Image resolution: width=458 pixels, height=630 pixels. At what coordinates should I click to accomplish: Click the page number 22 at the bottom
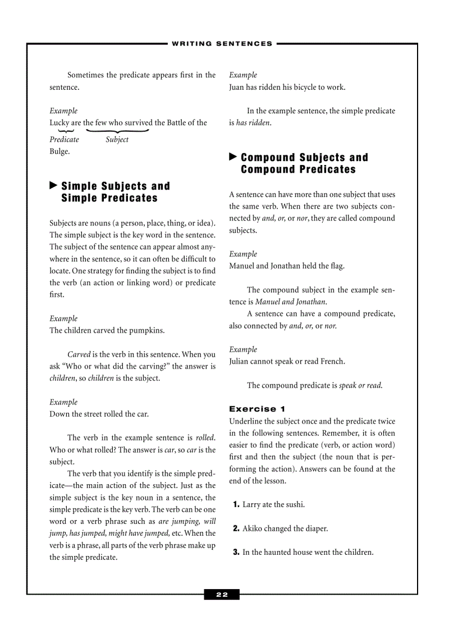click(x=222, y=595)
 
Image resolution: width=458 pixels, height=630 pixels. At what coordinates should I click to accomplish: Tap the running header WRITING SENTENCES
click(x=222, y=43)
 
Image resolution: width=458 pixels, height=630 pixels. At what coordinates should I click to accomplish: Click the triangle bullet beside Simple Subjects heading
click(x=53, y=185)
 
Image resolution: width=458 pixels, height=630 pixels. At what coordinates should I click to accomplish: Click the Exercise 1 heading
click(x=253, y=409)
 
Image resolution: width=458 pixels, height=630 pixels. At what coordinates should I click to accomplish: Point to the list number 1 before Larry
click(x=236, y=504)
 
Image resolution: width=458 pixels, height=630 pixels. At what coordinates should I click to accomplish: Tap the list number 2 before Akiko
click(x=236, y=528)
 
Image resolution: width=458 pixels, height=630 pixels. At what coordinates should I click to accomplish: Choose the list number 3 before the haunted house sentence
click(x=236, y=553)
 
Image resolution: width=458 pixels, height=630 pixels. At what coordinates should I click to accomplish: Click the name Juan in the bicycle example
click(x=236, y=87)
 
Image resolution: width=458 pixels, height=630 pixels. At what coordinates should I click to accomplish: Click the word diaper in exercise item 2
click(x=317, y=528)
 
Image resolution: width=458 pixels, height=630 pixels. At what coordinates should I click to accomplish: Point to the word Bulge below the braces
click(x=59, y=151)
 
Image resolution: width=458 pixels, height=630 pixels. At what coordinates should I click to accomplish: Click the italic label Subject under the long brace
click(x=117, y=140)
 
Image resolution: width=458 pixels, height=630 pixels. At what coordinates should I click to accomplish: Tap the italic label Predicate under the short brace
click(x=64, y=140)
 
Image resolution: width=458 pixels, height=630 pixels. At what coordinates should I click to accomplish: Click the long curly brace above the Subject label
click(x=117, y=131)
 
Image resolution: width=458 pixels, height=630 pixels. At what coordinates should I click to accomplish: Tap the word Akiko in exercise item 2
click(x=253, y=528)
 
